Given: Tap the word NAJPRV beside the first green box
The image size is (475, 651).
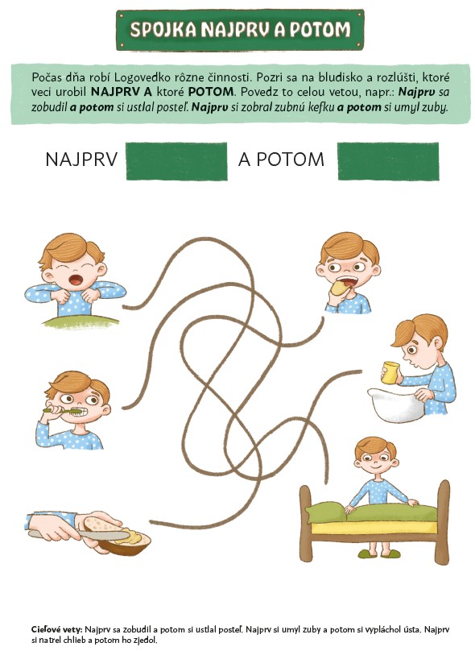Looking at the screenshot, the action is pos(82,160).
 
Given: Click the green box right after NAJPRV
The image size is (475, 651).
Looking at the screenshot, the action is pos(177,161).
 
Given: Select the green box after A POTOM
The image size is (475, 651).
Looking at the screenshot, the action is pos(388,161).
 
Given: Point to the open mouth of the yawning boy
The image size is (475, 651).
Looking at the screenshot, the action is pos(76,280).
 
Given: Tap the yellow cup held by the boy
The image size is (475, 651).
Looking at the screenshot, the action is pos(390,372).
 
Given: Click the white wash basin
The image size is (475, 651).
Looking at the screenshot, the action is pos(396,404).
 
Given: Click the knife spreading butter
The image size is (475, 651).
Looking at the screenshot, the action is pos(79,535).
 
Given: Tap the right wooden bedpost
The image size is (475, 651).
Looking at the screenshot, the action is pos(443,521).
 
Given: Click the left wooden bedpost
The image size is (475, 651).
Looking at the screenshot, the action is pos(306,523).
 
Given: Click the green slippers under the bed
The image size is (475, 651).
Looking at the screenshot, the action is pos(379,554).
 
